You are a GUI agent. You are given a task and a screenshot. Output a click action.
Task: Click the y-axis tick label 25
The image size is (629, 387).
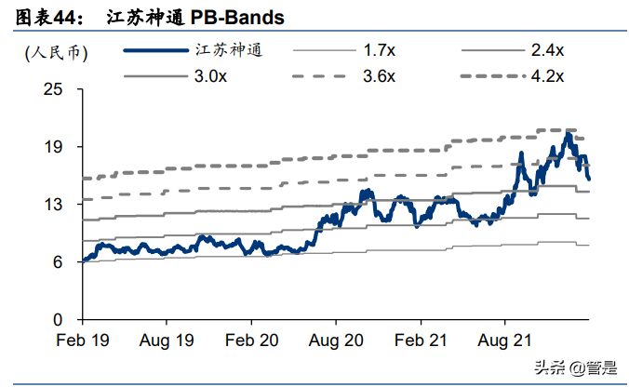coord(53,89)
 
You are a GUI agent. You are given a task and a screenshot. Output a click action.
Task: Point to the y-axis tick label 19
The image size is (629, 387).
coord(53,147)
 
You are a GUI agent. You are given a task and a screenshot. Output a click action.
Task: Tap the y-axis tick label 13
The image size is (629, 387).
coord(53,205)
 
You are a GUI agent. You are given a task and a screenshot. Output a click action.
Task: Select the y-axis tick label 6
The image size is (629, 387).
coord(59,262)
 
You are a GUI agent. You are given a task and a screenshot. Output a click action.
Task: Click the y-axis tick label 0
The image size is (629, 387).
coord(59,320)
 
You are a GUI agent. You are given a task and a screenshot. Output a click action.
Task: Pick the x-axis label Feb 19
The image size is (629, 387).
coord(83,340)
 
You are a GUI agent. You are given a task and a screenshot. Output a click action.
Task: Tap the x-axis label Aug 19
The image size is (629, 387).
coord(167,340)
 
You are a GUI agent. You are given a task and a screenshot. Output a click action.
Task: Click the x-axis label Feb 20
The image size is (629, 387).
coord(251,340)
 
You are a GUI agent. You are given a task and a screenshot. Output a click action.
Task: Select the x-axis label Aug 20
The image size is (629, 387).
coord(336,340)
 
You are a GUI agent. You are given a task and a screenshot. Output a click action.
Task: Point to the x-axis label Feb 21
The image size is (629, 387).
coord(421,340)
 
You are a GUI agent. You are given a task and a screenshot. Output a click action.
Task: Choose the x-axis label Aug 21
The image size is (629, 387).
coord(504,340)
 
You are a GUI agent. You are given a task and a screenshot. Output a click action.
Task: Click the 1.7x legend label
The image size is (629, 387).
coord(379,50)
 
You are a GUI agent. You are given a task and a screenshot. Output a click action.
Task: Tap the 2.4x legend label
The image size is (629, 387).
coord(547,50)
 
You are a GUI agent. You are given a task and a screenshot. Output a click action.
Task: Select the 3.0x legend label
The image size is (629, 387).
coord(210,76)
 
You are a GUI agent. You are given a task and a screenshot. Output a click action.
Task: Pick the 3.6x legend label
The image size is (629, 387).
coord(379,76)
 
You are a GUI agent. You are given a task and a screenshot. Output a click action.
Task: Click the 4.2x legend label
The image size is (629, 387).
coord(547,76)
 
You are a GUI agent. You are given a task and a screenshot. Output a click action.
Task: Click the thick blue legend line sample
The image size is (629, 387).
coord(156,50)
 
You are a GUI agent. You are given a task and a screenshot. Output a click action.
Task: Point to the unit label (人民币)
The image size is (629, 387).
coord(56,52)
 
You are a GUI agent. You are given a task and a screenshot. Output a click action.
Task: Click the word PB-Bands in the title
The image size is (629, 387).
coord(237,18)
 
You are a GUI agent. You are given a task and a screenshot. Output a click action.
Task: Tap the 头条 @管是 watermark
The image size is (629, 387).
coord(575,367)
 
